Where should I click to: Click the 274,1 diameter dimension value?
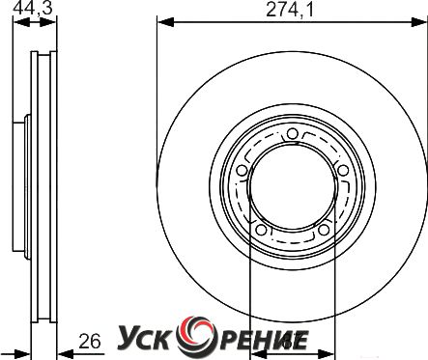click(290, 10)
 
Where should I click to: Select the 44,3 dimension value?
click(32, 9)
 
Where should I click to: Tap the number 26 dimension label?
click(90, 342)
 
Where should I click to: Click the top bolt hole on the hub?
click(292, 134)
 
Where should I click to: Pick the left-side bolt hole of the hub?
click(242, 171)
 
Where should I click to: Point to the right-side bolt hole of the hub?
click(343, 170)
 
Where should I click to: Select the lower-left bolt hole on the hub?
click(261, 230)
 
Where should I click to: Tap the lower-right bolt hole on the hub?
click(324, 230)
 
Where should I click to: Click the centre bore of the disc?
click(293, 186)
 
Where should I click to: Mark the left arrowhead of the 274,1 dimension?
click(165, 22)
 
